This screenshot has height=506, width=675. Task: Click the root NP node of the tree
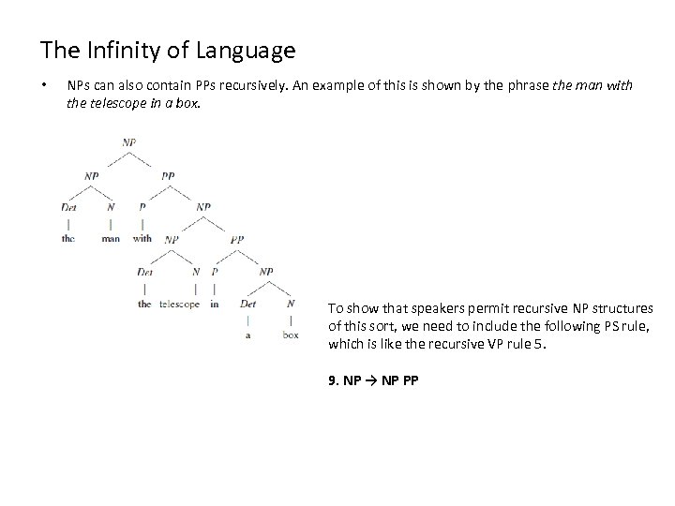[x=129, y=142]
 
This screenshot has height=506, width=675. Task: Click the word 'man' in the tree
[x=111, y=238]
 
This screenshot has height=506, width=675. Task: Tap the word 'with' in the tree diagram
[x=142, y=238]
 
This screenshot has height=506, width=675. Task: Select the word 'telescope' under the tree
[x=179, y=304]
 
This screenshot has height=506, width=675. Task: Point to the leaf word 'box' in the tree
[x=291, y=335]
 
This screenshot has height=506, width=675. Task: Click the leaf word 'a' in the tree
[x=247, y=335]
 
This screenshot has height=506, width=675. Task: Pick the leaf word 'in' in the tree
[x=215, y=304]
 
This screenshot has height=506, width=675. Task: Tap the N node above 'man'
[x=111, y=206]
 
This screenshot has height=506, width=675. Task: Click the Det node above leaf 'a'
[x=247, y=304]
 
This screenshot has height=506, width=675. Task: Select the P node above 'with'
[x=142, y=206]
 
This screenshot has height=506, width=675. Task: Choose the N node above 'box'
[x=291, y=304]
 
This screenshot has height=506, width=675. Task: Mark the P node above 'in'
[x=215, y=272]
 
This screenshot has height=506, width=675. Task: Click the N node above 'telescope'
[x=196, y=272]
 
